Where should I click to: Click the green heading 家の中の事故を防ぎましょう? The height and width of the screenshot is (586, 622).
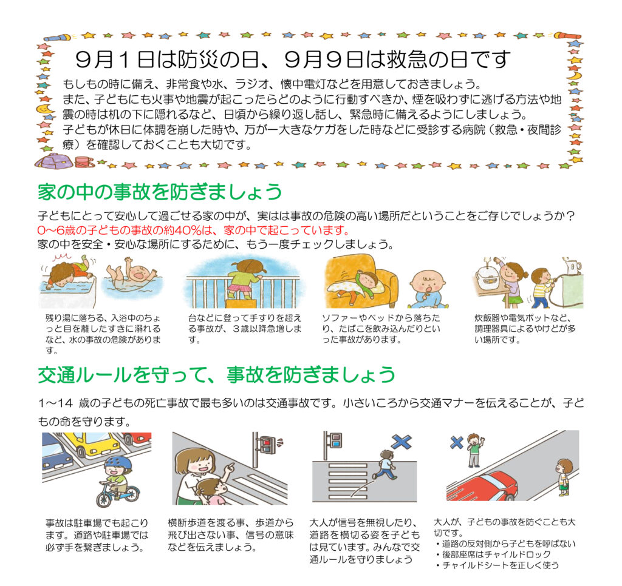point(160,192)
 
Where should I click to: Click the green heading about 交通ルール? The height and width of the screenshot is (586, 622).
point(217,374)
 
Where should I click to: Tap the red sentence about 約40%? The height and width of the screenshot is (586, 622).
point(194,230)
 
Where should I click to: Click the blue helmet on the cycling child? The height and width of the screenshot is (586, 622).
point(118,462)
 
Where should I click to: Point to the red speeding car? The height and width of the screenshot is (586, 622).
point(484,487)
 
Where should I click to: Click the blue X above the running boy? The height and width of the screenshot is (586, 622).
point(402,442)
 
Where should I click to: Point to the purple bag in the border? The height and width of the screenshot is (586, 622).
point(54,161)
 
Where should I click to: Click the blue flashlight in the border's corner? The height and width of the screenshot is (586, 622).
point(58,38)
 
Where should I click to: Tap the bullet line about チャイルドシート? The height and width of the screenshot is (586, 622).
point(497,565)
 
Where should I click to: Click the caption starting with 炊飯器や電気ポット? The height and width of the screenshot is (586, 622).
point(525,328)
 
